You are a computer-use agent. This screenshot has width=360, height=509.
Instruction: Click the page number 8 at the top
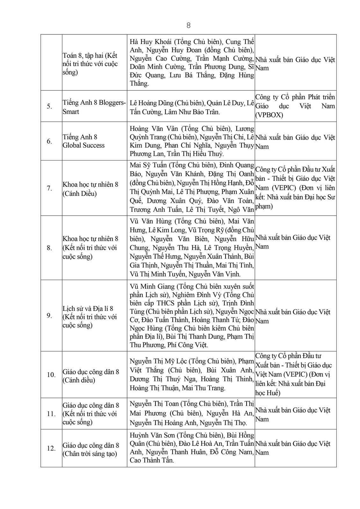pyautogui.click(x=188, y=26)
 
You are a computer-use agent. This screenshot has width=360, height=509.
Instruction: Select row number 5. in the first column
pyautogui.click(x=49, y=106)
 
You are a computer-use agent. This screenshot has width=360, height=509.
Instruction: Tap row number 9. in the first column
pyautogui.click(x=49, y=316)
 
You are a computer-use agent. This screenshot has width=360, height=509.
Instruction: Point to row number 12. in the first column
pyautogui.click(x=51, y=448)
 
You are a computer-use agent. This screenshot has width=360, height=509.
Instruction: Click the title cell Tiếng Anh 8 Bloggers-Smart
pyautogui.click(x=94, y=107)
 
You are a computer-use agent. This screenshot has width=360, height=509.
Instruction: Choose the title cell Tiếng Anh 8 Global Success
pyautogui.click(x=83, y=141)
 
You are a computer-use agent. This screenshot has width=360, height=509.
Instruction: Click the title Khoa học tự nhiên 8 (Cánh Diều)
pyautogui.click(x=90, y=189)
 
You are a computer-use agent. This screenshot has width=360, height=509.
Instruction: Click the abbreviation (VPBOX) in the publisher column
pyautogui.click(x=269, y=115)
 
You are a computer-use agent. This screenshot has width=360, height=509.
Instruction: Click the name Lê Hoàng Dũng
pyautogui.click(x=150, y=103)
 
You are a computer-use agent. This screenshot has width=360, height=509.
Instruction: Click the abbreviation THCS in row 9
pyautogui.click(x=175, y=303)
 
